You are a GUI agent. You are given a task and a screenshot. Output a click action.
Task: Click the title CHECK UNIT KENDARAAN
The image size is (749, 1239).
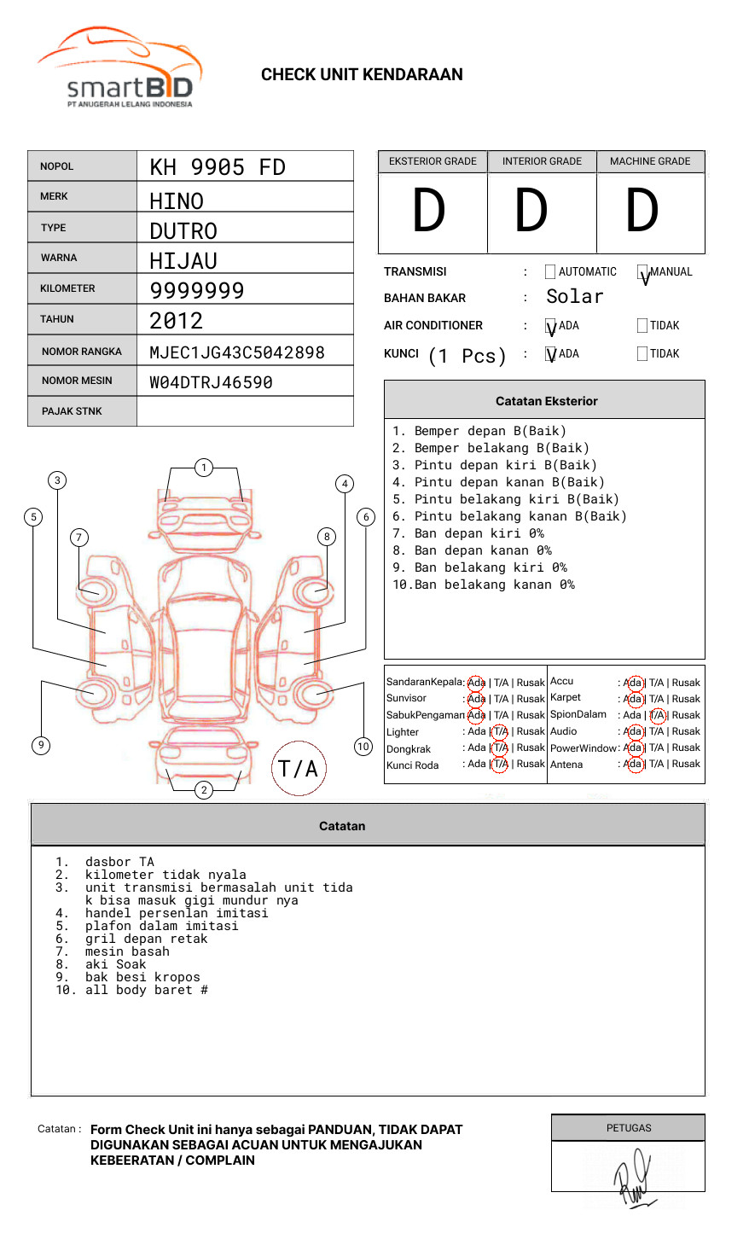pos(362,75)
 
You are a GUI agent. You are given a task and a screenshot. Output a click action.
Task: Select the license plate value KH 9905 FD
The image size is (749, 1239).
pos(218,167)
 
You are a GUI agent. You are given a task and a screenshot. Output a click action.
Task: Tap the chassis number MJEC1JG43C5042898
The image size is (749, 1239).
pos(237,352)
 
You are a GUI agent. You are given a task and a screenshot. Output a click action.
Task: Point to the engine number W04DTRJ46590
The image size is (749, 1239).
pos(211,382)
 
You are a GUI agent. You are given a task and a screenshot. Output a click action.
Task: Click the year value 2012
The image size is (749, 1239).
pos(177,321)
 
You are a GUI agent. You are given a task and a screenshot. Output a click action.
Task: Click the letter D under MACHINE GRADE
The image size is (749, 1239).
pos(642,212)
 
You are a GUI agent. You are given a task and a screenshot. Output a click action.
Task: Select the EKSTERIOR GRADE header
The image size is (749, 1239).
pos(433,161)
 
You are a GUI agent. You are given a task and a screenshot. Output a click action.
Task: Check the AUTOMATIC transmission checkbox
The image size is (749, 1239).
pos(550,272)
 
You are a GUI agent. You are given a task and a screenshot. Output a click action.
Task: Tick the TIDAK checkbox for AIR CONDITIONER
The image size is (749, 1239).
pos(642,326)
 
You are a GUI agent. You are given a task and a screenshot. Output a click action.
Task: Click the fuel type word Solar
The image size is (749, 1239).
pos(574,297)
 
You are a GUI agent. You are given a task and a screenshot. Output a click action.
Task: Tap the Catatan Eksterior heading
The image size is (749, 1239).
pos(546,401)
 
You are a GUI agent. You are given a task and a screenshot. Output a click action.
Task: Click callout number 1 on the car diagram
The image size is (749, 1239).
pos(203,468)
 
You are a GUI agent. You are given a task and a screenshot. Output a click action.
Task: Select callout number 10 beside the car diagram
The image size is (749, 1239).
pos(363,747)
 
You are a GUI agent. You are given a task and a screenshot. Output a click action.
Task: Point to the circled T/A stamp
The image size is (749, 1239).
pos(298,769)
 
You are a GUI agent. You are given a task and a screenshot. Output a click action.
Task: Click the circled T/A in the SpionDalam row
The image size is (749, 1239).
pos(657,715)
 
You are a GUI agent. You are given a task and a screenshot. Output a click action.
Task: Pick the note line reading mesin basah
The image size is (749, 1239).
pos(127,951)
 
